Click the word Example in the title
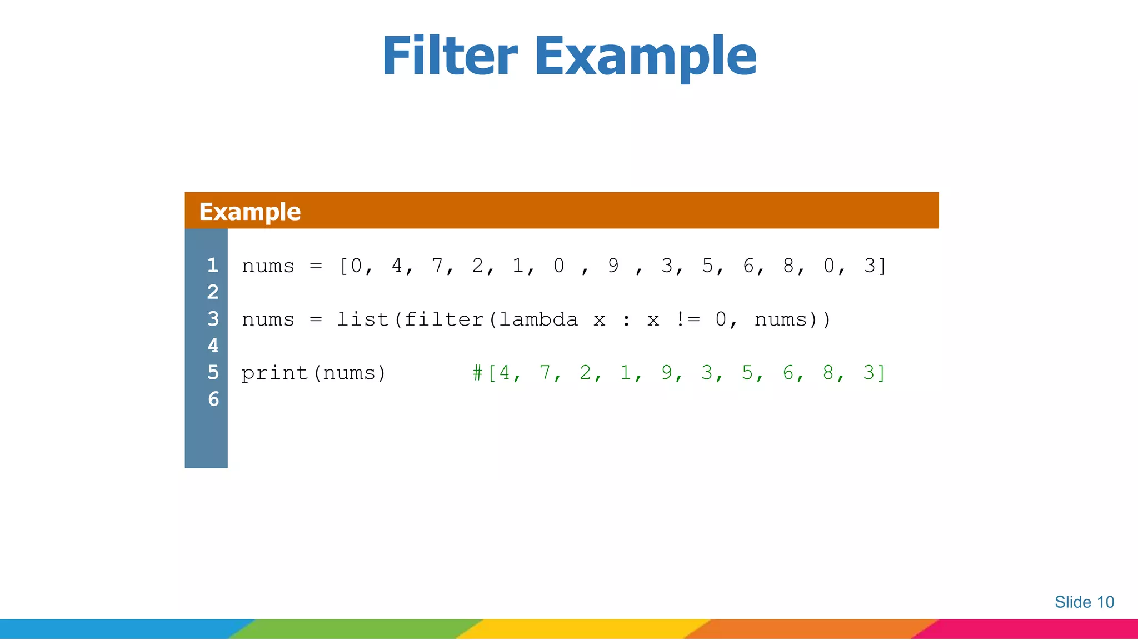645,57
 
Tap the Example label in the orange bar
249,212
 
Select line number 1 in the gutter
213,265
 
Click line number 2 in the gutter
213,292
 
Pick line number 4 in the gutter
213,346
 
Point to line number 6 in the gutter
213,399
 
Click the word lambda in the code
538,319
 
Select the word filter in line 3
443,319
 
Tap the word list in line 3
362,319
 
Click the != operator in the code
687,319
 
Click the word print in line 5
274,373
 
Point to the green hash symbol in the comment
477,373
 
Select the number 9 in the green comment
666,373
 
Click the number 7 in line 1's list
437,266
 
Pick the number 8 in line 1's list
788,266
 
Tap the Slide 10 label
1084,602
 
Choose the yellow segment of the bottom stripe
583,629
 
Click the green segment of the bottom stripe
356,629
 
